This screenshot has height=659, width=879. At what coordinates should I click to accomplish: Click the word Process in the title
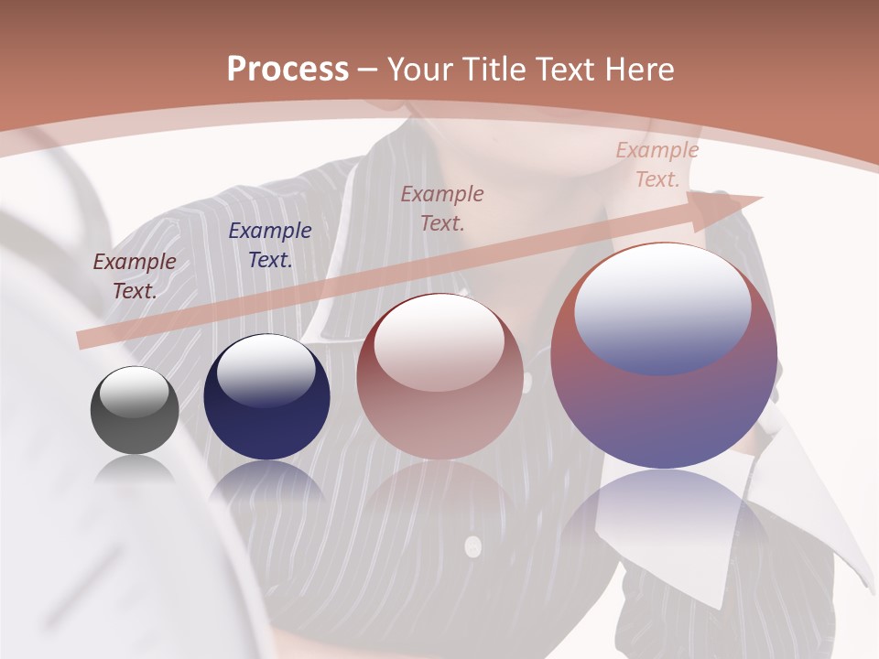[x=288, y=70]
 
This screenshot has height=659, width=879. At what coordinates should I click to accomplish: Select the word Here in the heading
[x=640, y=70]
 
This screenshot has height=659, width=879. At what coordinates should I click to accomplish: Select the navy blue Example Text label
[x=270, y=245]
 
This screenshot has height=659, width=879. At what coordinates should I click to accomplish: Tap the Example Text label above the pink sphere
[x=442, y=208]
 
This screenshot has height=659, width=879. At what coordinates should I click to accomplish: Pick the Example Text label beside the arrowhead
[x=657, y=165]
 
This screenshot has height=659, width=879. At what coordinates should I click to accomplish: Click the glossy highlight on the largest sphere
[x=662, y=307]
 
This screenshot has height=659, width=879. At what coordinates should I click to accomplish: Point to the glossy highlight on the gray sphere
[x=135, y=392]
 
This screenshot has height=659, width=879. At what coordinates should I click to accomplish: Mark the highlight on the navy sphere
[x=266, y=370]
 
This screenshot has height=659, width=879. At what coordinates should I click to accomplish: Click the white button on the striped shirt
[x=472, y=546]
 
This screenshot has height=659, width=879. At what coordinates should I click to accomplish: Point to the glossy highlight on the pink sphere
[x=439, y=341]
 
